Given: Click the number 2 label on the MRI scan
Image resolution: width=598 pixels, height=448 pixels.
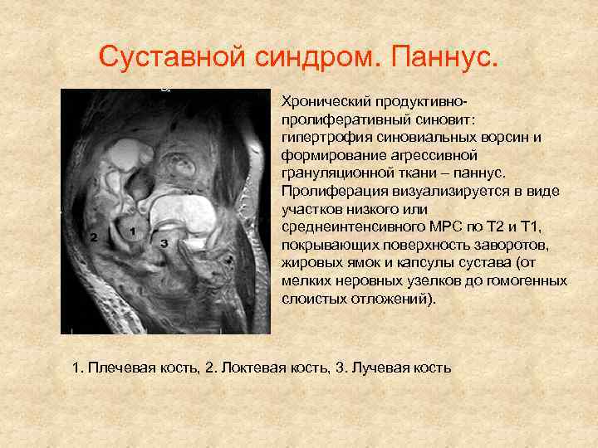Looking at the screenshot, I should pyautogui.click(x=94, y=237).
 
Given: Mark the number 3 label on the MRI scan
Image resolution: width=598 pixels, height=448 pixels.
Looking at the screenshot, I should pyautogui.click(x=164, y=242).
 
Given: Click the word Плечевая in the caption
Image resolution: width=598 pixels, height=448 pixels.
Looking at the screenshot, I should pyautogui.click(x=120, y=367).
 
